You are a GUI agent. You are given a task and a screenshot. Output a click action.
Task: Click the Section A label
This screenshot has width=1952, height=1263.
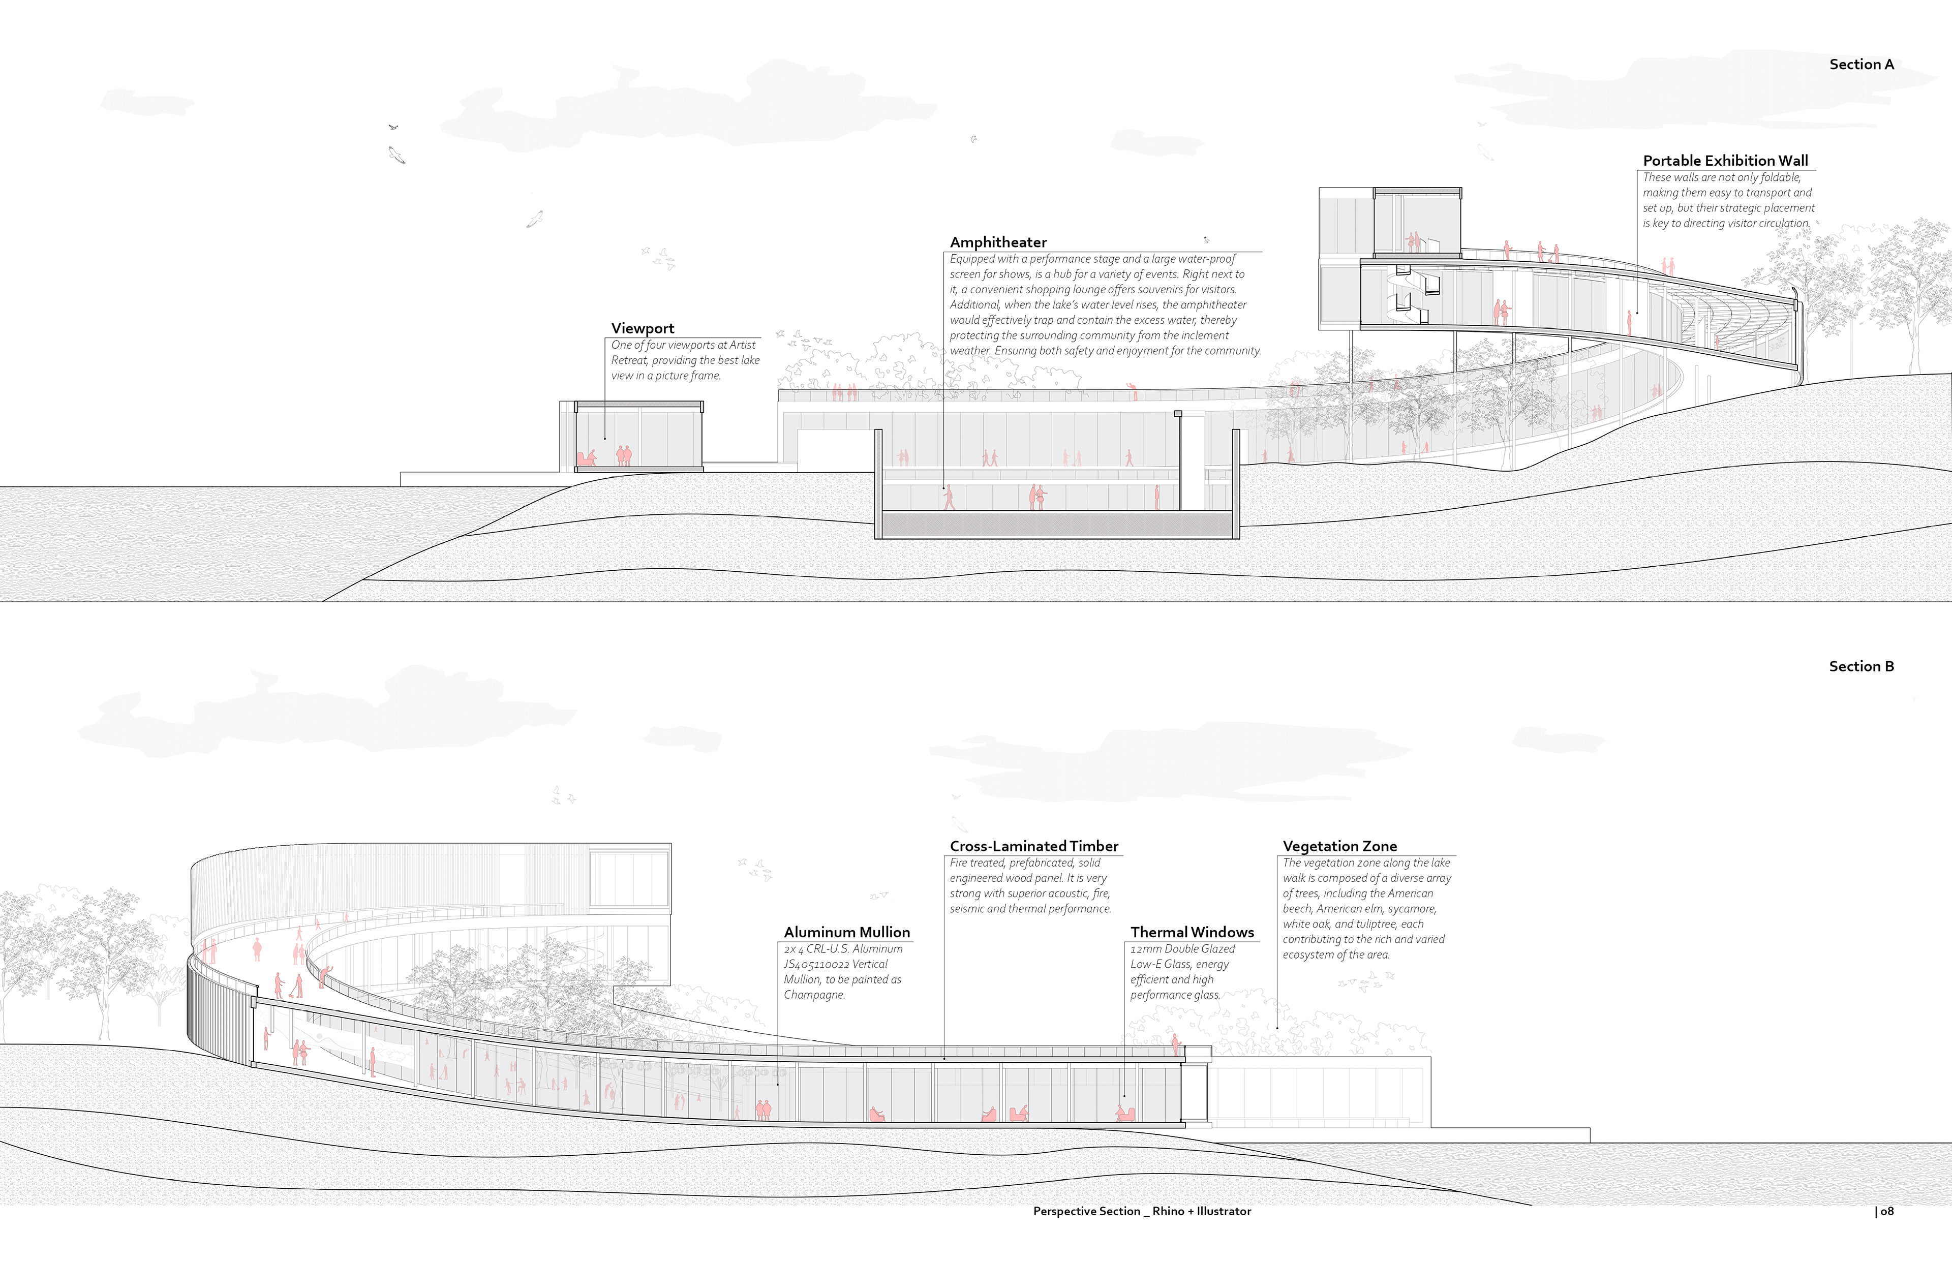[1861, 65]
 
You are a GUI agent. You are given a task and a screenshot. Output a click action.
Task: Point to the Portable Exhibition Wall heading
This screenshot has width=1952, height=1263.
[1725, 161]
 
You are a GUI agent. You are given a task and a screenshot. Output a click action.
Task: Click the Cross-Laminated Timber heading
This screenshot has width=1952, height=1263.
[1033, 846]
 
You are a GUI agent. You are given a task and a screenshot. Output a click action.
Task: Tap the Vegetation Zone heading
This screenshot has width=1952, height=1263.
[1339, 846]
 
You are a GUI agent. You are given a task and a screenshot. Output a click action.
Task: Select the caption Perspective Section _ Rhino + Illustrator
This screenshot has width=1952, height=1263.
[1142, 1211]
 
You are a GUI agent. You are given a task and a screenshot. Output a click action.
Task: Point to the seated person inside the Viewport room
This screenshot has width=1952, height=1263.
[587, 457]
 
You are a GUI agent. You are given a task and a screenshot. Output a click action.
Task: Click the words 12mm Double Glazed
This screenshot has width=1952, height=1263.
[1182, 949]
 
